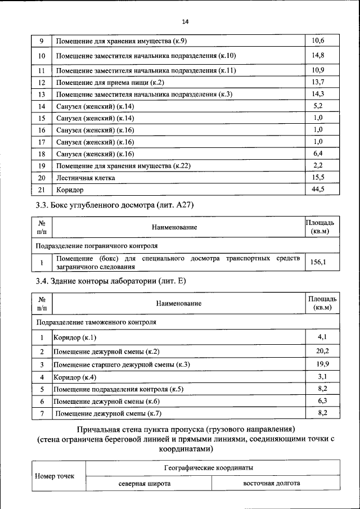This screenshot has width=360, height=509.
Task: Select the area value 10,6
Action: [x=318, y=40]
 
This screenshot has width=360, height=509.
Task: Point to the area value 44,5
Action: [x=318, y=189]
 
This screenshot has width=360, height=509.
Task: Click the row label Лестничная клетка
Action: [x=85, y=178]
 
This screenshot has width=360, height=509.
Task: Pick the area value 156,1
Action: [x=318, y=262]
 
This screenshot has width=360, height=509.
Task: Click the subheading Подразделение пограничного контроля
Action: [x=97, y=246]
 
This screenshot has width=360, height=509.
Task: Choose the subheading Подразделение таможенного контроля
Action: [x=96, y=322]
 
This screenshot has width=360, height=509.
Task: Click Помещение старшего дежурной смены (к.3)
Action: [x=121, y=365]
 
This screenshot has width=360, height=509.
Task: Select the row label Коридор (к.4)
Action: [x=75, y=377]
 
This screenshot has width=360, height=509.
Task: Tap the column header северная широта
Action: [x=145, y=483]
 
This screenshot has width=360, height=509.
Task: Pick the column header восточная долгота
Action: [x=271, y=483]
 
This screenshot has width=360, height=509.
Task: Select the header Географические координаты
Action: [x=208, y=467]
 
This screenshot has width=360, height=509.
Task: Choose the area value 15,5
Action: [x=318, y=177]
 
